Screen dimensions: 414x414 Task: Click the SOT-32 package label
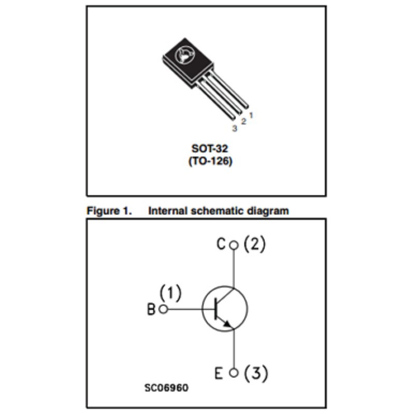click(x=210, y=149)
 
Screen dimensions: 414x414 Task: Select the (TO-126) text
click(x=210, y=161)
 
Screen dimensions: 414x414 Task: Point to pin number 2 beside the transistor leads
click(x=243, y=122)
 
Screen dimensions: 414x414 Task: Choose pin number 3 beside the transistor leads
click(x=234, y=128)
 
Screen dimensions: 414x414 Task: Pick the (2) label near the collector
click(x=254, y=244)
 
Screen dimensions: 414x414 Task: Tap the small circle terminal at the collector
click(x=234, y=245)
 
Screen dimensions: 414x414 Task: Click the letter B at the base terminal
click(x=151, y=310)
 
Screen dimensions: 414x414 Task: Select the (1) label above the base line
click(x=170, y=294)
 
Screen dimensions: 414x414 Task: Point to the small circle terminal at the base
click(x=163, y=309)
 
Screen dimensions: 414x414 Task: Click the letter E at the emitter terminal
click(x=219, y=373)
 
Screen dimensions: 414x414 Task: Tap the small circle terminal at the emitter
click(x=234, y=373)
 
